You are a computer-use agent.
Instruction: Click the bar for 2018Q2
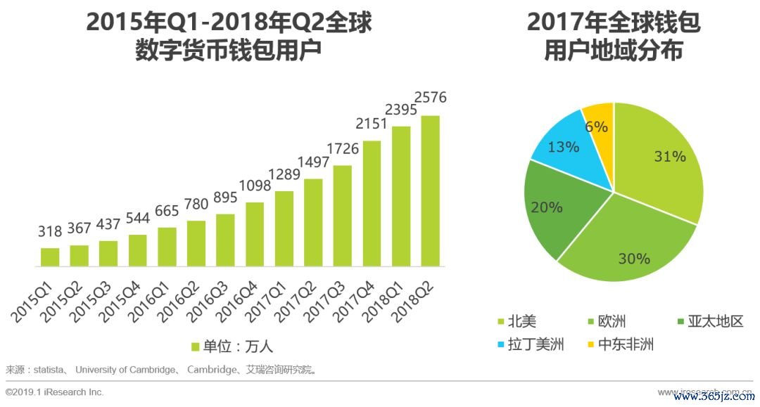[x=430, y=191]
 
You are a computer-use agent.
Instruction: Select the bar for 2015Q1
[x=50, y=257]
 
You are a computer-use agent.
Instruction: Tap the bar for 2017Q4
[x=372, y=204]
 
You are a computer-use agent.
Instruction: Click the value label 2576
[x=430, y=97]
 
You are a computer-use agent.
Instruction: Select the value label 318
[x=50, y=231]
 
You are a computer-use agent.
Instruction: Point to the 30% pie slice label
[x=633, y=259]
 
